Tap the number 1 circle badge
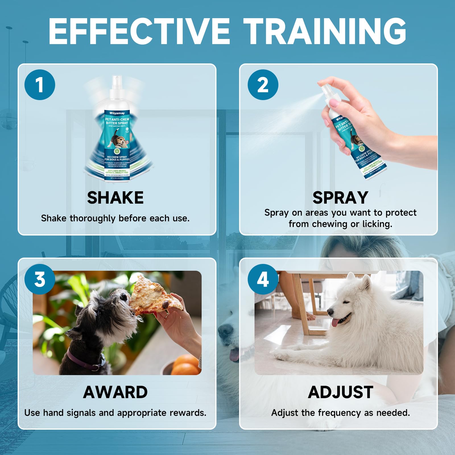coord(40,85)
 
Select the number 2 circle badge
coord(263,85)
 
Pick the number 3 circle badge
coord(40,279)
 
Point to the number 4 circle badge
coord(263,279)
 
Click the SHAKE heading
coord(115,198)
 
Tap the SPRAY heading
coord(340,198)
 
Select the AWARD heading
coord(115,392)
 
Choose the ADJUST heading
coord(340,392)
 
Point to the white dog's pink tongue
coord(336,322)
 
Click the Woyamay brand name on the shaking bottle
coord(117,113)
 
